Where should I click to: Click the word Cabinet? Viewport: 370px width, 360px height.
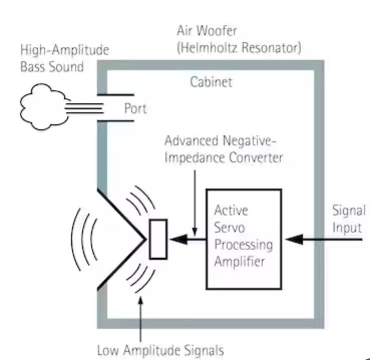tap(211, 82)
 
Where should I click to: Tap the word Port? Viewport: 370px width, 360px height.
tap(135, 108)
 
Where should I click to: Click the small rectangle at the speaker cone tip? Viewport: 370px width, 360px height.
tap(158, 239)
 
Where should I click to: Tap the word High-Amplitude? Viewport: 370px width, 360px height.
tap(64, 50)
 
